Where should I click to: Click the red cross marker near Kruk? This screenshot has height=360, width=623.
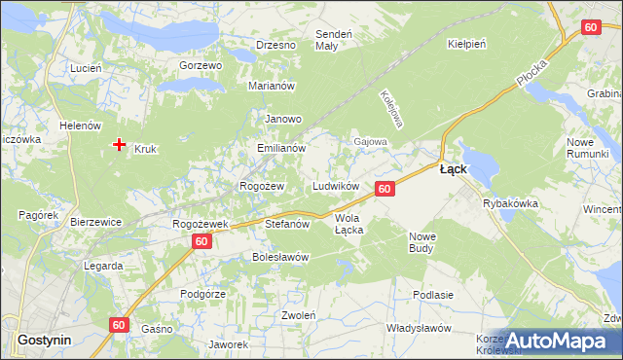pos(119,145)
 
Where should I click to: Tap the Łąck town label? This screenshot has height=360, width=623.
pos(453,169)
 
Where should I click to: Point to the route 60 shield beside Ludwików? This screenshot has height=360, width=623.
pos(385,188)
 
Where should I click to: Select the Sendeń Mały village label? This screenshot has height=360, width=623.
pos(326,40)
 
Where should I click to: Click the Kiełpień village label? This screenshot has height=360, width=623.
pos(466,45)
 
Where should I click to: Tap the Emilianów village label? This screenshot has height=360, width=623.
pos(281,149)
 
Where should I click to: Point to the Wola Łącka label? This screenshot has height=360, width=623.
pos(348,224)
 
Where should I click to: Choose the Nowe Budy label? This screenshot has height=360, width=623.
pos(422,242)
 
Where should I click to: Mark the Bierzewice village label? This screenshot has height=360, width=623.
pos(95,222)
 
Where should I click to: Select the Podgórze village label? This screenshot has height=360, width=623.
pos(203,294)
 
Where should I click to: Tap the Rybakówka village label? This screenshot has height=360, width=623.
pos(510,204)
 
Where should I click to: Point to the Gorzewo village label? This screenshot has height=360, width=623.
pos(202,65)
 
